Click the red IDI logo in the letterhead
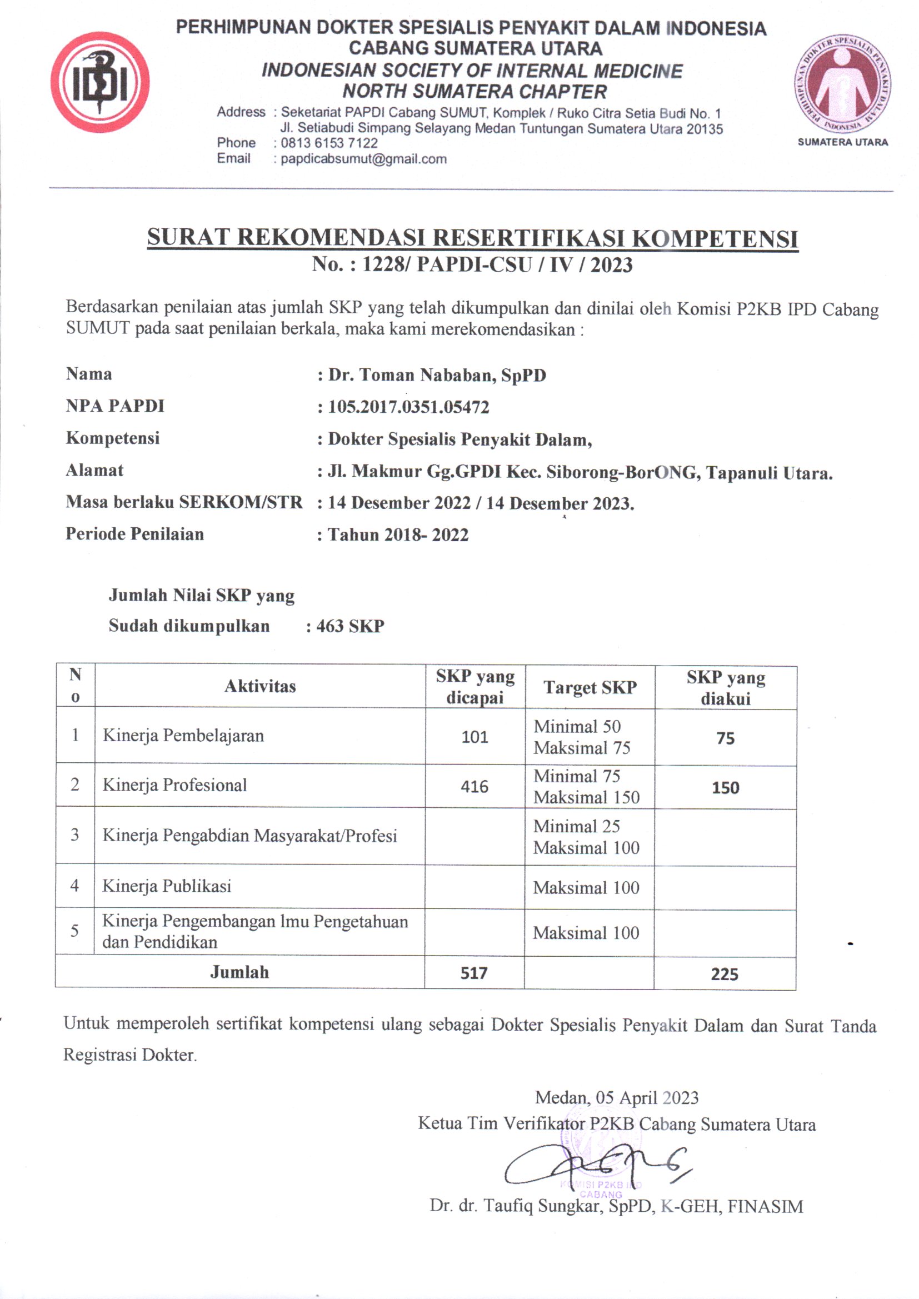(99, 82)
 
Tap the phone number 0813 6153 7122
(329, 143)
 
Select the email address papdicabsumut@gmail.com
(364, 159)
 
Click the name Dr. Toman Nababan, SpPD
(437, 375)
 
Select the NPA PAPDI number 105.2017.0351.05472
(408, 407)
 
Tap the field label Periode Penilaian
(134, 534)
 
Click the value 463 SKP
(350, 626)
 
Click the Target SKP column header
(590, 687)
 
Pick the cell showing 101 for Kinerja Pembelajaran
(474, 737)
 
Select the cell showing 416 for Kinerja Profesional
(474, 786)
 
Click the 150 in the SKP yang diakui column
(725, 787)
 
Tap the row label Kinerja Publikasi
(167, 886)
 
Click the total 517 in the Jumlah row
(473, 973)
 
